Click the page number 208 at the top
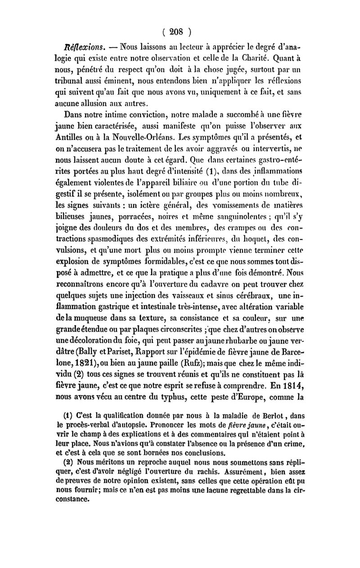(180, 32)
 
